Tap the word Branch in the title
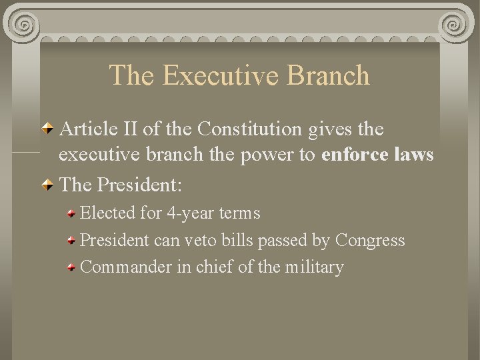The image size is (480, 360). pyautogui.click(x=329, y=75)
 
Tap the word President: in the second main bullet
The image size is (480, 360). pyautogui.click(x=139, y=184)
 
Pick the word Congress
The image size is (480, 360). pyautogui.click(x=370, y=240)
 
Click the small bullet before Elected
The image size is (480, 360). pyautogui.click(x=71, y=214)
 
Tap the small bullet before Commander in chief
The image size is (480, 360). pyautogui.click(x=71, y=268)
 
